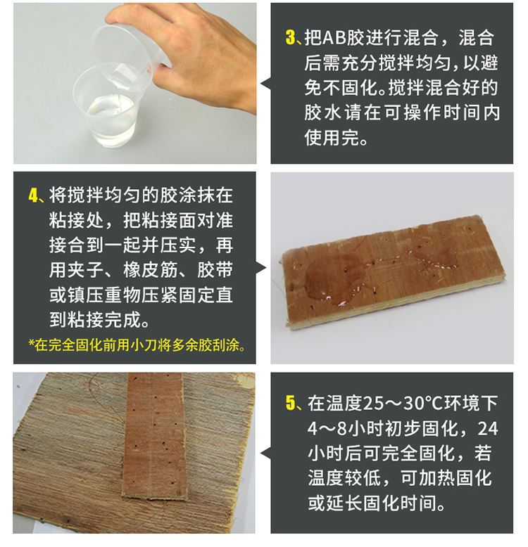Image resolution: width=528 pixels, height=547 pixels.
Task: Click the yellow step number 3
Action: (290, 38)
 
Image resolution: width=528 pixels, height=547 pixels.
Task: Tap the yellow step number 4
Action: (33, 195)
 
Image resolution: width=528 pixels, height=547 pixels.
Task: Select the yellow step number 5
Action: (290, 403)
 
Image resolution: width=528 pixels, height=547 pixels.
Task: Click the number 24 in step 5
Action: (487, 428)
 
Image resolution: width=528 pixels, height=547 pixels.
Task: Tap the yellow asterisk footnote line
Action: (137, 345)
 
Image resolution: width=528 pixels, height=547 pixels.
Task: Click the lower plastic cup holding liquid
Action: (106, 112)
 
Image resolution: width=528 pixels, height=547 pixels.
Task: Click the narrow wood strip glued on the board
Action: (154, 436)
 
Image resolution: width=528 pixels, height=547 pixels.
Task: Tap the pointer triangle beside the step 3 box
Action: (266, 83)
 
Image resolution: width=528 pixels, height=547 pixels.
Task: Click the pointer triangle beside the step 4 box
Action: (261, 268)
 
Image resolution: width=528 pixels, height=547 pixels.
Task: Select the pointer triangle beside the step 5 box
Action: (266, 453)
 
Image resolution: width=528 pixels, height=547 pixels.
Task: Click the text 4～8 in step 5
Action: (327, 428)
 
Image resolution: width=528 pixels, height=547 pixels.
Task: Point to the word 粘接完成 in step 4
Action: (94, 319)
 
